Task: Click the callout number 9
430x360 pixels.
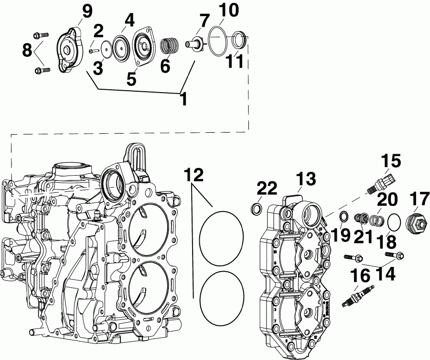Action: (x=87, y=11)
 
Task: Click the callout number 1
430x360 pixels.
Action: (x=183, y=99)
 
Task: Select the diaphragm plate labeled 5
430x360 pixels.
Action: (x=142, y=46)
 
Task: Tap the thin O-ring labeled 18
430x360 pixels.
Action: (x=393, y=222)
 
